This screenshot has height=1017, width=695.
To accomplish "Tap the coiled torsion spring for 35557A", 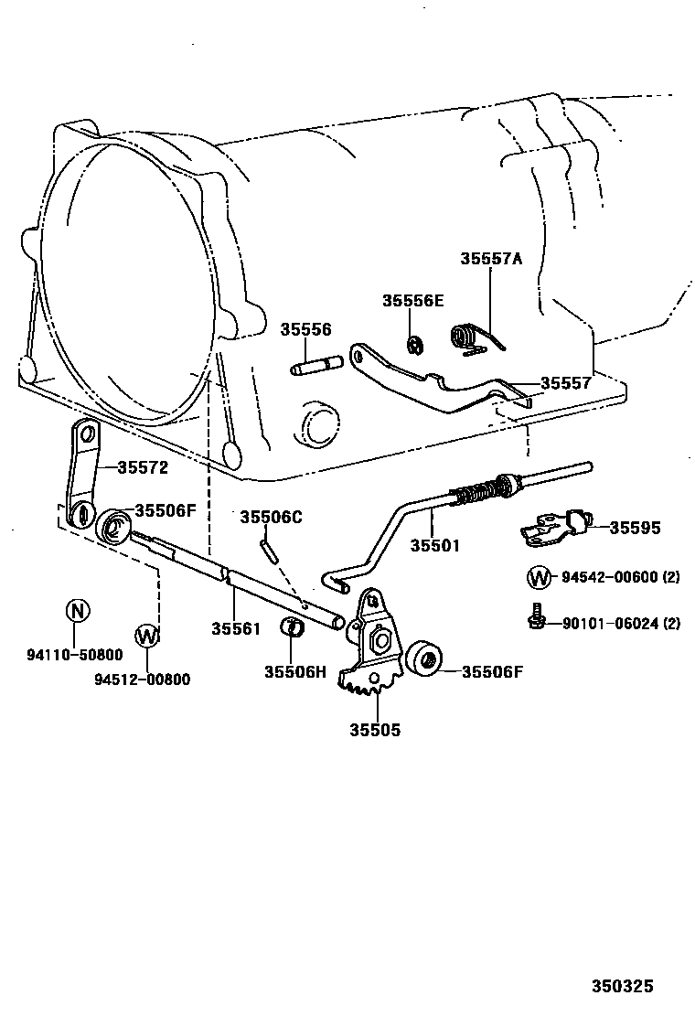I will pos(471,338).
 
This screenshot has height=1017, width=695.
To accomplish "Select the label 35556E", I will pos(412,301).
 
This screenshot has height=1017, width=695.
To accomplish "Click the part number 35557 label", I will pos(565,383).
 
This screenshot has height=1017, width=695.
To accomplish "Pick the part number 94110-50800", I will pos(74,655).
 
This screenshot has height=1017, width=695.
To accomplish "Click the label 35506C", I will pos(271,517).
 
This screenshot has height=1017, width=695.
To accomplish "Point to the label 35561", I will pos(236,628).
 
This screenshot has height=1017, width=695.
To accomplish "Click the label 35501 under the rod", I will pos(434,545).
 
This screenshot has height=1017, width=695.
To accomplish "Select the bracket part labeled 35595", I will pos(554,526).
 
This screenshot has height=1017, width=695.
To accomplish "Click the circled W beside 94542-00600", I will pos(539,577).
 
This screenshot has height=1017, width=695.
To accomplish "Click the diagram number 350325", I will pos(622,987).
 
